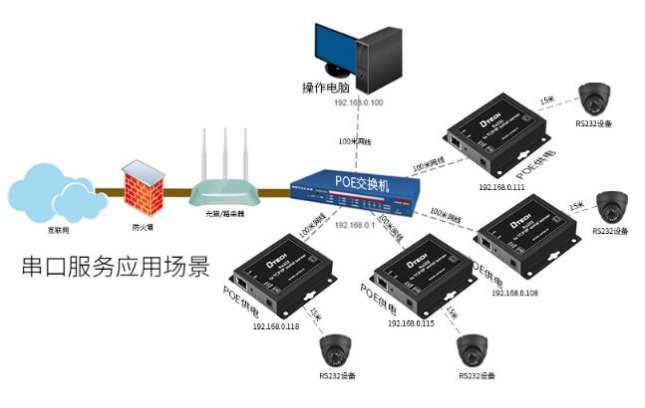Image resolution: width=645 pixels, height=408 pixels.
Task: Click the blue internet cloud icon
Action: click(x=55, y=193)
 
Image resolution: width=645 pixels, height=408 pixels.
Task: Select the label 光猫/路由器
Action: click(x=225, y=213)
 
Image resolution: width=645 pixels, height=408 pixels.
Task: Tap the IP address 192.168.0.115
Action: click(x=412, y=323)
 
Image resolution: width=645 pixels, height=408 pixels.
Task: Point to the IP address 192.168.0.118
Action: click(x=276, y=324)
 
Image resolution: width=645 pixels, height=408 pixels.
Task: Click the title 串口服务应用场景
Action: click(x=116, y=268)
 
